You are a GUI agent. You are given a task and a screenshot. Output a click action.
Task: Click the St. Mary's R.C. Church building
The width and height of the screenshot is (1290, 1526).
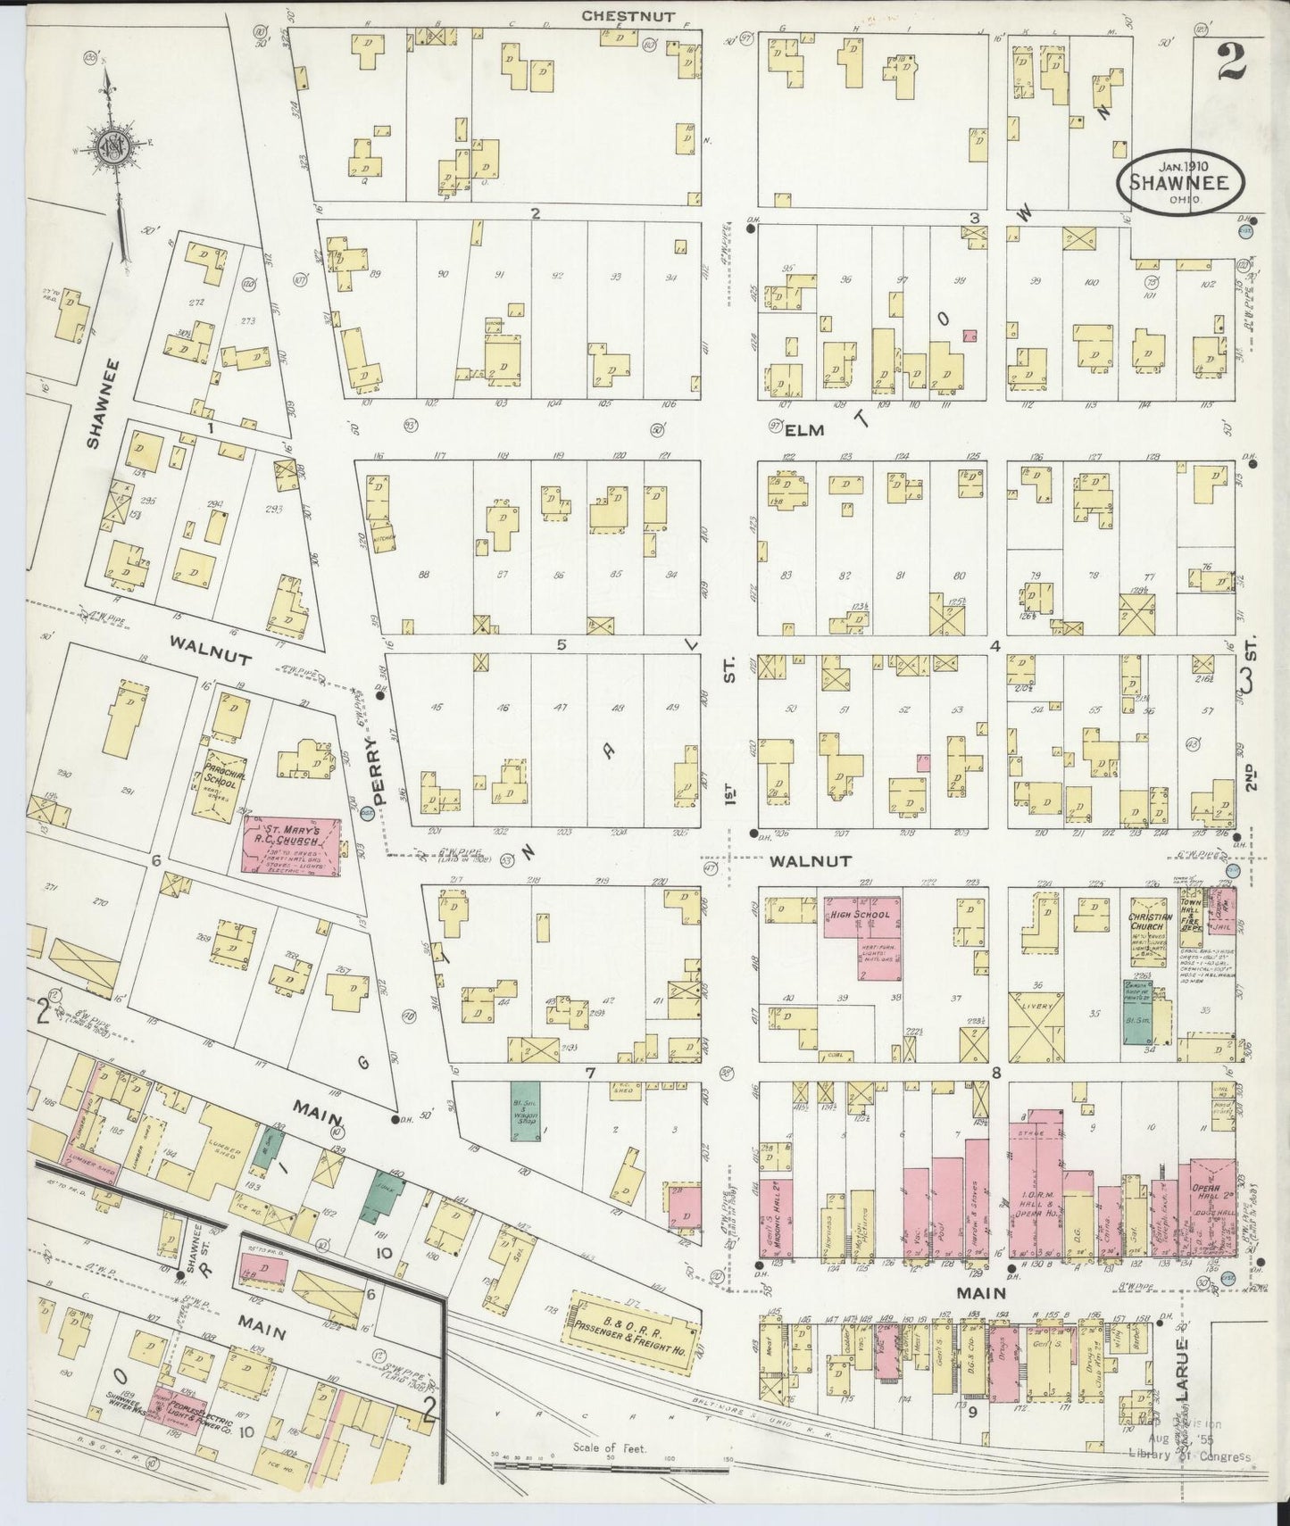[x=290, y=842]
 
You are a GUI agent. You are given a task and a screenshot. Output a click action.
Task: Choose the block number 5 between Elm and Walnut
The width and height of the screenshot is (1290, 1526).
[x=562, y=645]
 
